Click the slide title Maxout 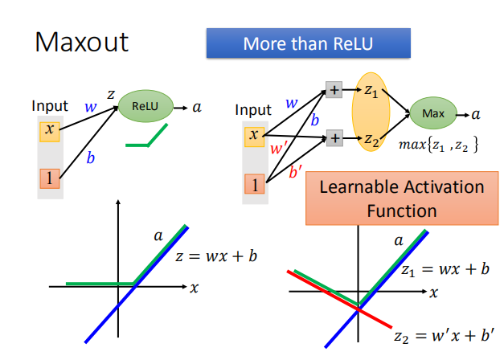[81, 43]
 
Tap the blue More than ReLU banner [309, 43]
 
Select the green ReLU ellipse [145, 105]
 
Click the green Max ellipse [432, 114]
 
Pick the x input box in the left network [50, 130]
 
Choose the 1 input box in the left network [50, 178]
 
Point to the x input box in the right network [254, 136]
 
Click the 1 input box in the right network [254, 185]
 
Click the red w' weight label [279, 149]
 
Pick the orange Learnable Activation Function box [401, 198]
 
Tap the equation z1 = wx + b [445, 269]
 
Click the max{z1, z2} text [439, 145]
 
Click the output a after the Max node [476, 114]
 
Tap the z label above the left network [111, 95]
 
